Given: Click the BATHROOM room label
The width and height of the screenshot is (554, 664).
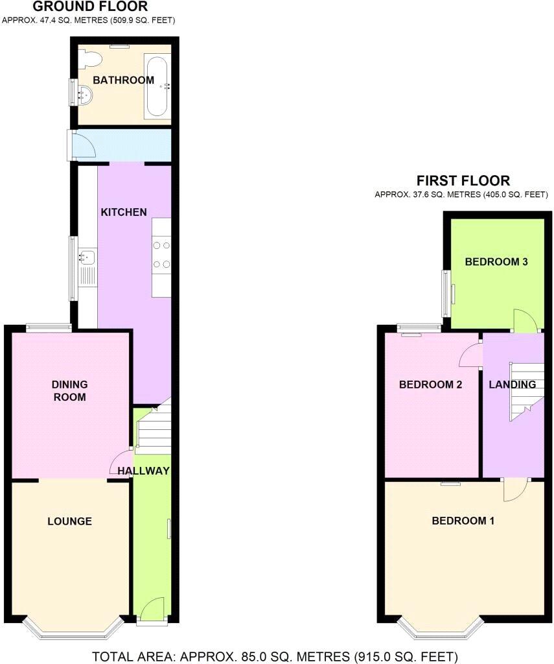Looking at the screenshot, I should click(x=123, y=80).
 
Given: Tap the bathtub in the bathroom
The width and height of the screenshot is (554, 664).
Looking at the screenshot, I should click(x=157, y=87).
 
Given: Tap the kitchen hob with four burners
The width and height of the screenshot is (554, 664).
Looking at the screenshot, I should click(x=162, y=254).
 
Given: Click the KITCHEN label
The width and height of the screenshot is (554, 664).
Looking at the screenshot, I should click(x=123, y=212).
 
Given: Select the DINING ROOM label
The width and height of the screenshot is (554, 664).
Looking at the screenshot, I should click(x=69, y=390).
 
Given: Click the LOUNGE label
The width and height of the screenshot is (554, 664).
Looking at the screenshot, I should click(x=69, y=521).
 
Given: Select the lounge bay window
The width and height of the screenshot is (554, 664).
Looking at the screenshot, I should click(x=73, y=626).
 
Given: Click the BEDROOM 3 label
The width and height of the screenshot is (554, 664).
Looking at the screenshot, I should click(x=496, y=262).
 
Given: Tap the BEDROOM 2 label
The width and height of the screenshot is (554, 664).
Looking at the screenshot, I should click(x=430, y=385).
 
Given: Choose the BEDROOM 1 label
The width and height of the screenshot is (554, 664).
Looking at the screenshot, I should click(x=459, y=521).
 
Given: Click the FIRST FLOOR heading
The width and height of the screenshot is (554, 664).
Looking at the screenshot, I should click(x=463, y=181).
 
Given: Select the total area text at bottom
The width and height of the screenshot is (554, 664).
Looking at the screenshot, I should click(x=275, y=656).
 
